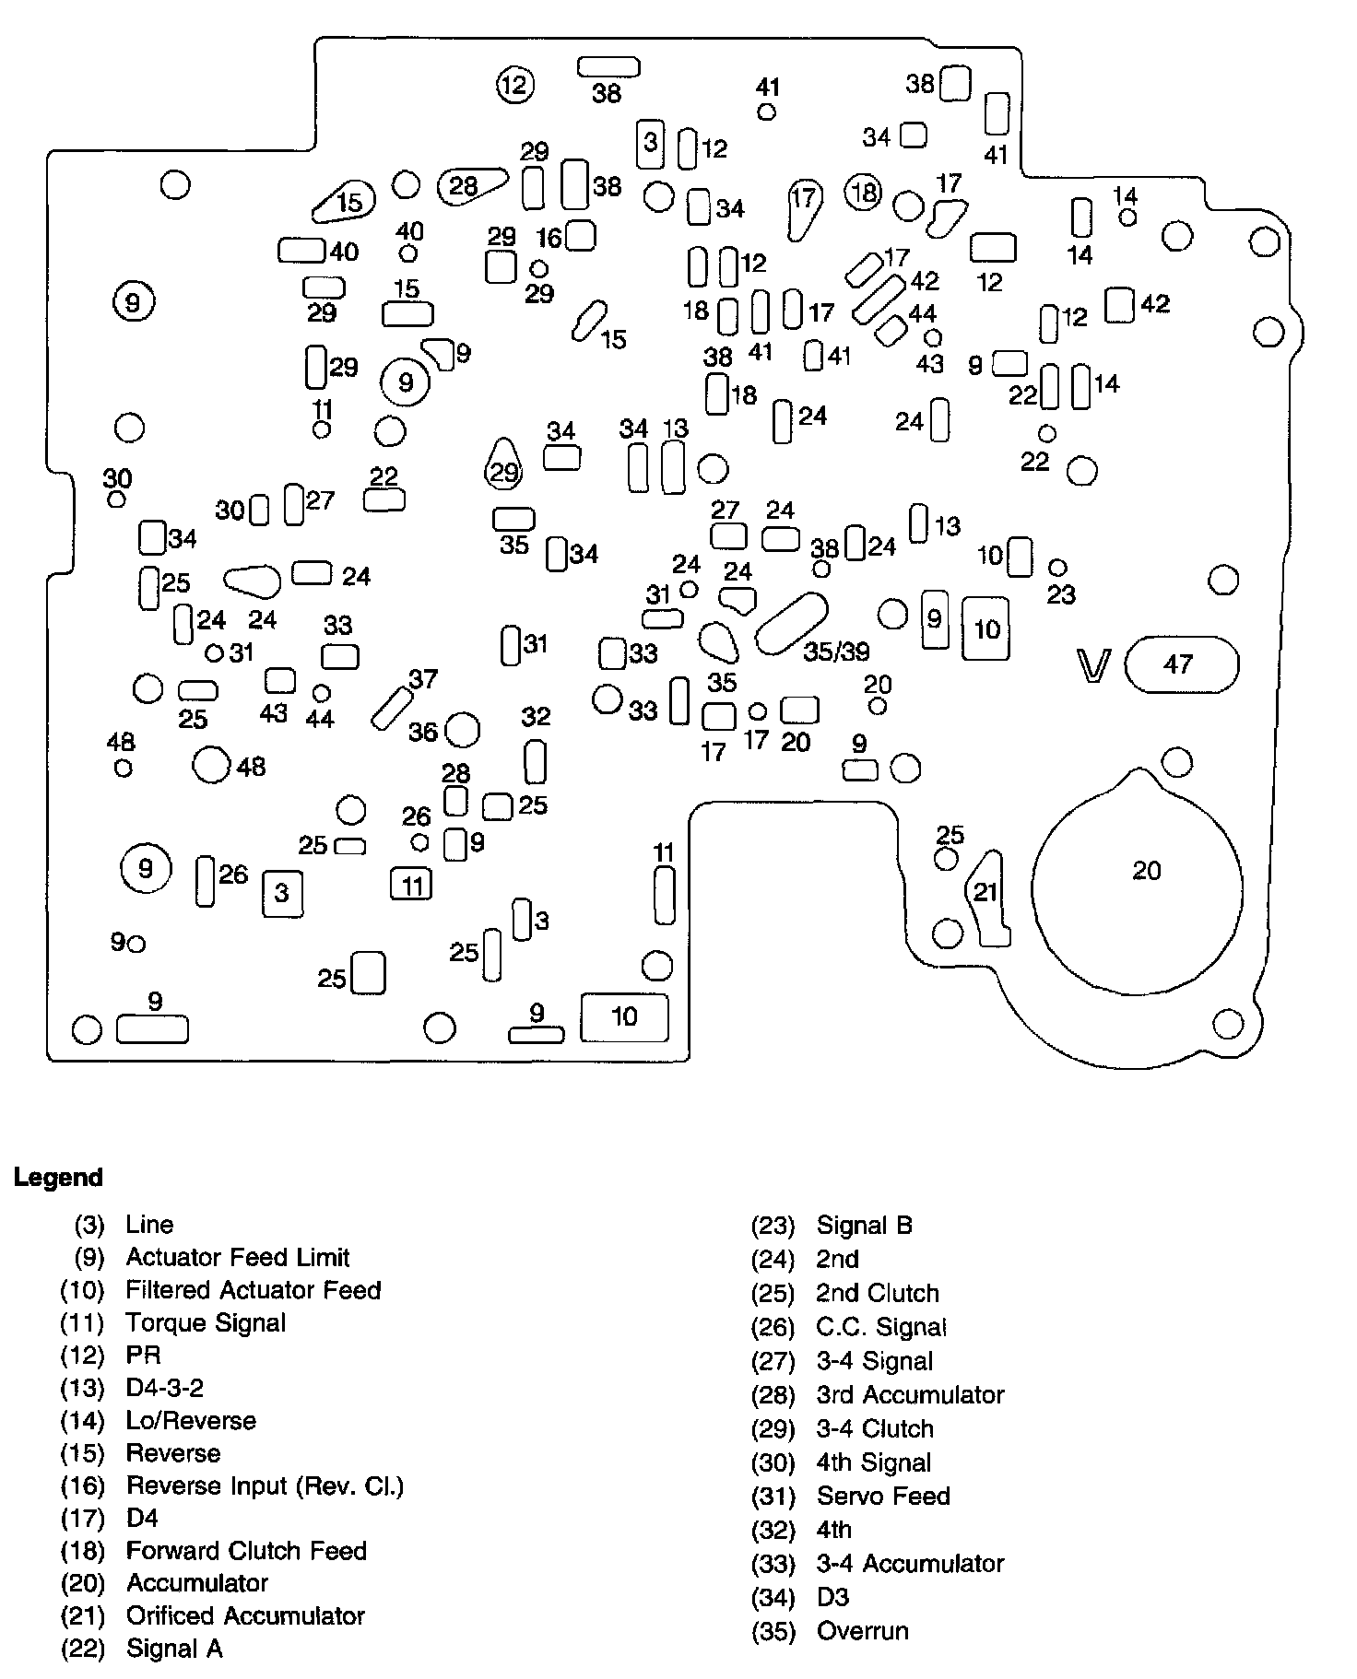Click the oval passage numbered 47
coord(1181,664)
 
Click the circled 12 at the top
coord(514,86)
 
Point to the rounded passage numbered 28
coord(470,186)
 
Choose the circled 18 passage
coord(864,193)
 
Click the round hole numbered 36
coord(462,731)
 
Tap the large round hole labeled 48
coord(211,764)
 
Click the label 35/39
coord(836,652)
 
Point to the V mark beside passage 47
coord(1094,664)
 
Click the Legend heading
coord(58,1178)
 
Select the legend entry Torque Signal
coord(206,1322)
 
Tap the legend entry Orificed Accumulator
coord(245,1615)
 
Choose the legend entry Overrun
coord(862,1631)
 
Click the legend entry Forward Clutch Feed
coord(246,1551)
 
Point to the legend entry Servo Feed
coord(882,1496)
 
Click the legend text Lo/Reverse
coord(191,1420)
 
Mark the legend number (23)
coord(773,1226)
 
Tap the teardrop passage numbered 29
coord(503,465)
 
